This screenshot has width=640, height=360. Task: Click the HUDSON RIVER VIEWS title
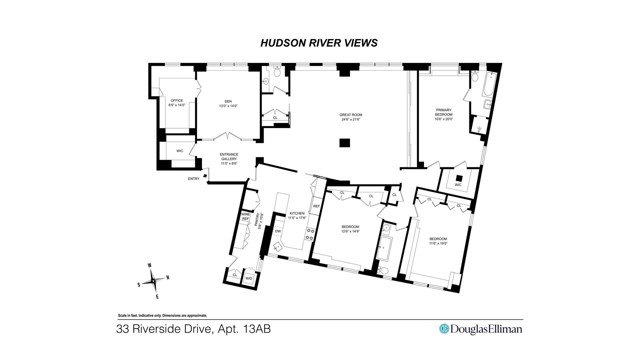pyautogui.click(x=319, y=43)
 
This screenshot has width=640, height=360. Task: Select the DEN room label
pyautogui.click(x=228, y=102)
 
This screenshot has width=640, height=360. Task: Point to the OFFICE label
pyautogui.click(x=177, y=101)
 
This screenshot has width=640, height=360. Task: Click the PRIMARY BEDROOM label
pyautogui.click(x=444, y=112)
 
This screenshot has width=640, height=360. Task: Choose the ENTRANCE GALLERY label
pyautogui.click(x=229, y=157)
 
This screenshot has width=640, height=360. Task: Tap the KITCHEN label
pyautogui.click(x=297, y=213)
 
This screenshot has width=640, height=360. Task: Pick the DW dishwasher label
pyautogui.click(x=278, y=231)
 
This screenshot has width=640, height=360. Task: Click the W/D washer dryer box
pyautogui.click(x=249, y=278)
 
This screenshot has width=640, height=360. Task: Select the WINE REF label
pyautogui.click(x=246, y=216)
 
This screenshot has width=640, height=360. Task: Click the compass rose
pyautogui.click(x=153, y=281)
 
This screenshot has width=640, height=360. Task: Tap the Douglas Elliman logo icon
pyautogui.click(x=444, y=329)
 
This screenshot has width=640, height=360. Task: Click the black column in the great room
pyautogui.click(x=345, y=143)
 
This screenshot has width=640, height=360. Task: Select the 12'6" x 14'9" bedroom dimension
pyautogui.click(x=350, y=231)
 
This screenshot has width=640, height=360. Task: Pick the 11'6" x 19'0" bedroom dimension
pyautogui.click(x=438, y=243)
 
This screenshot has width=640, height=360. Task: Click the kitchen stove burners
pyautogui.click(x=310, y=234)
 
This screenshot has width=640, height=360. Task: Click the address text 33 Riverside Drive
pyautogui.click(x=164, y=329)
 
